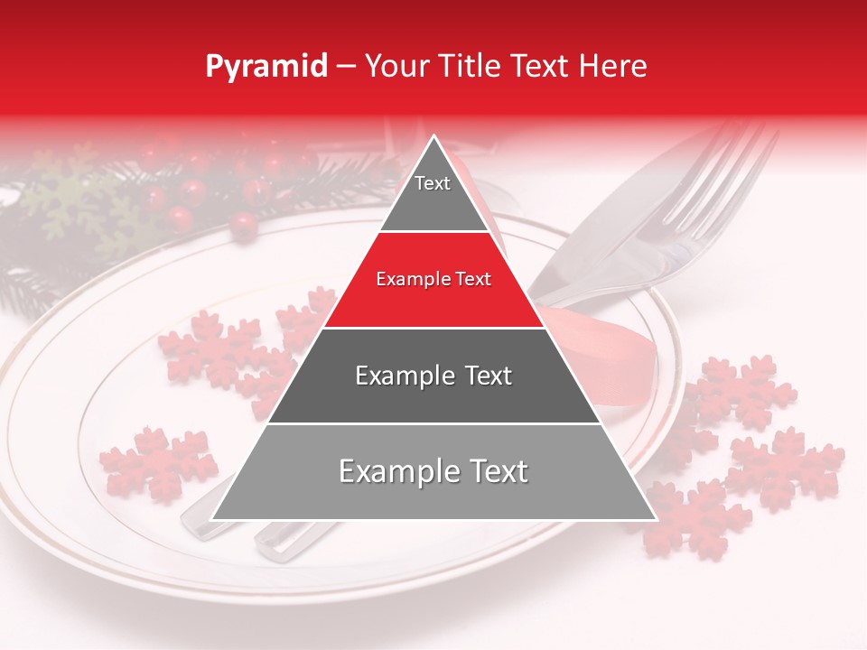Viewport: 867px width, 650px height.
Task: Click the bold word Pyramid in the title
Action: point(266,67)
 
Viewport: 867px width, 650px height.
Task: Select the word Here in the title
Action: point(616,66)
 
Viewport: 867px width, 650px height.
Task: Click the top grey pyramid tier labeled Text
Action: point(433,190)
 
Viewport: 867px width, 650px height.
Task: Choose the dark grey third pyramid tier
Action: point(433,376)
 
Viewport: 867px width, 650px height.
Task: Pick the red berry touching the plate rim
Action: point(242,226)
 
